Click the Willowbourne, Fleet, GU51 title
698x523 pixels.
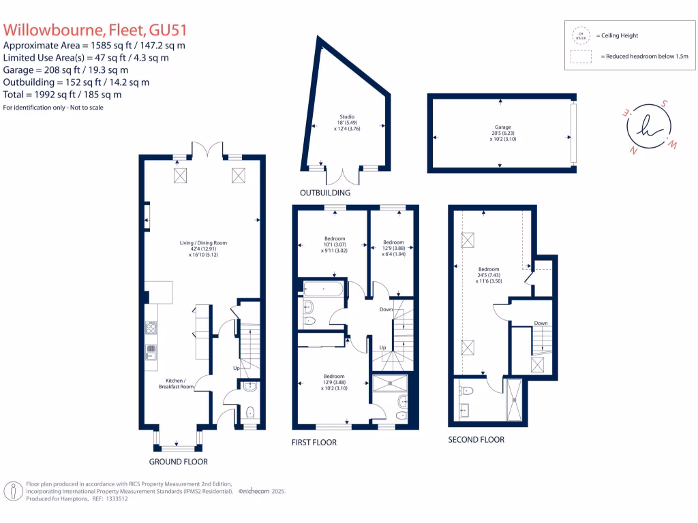95,31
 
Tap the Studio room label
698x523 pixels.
348,123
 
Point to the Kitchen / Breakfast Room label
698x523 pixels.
177,383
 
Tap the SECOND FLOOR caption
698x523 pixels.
476,440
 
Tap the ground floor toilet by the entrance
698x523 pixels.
250,411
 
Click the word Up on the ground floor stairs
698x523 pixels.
236,368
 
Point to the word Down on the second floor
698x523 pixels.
541,323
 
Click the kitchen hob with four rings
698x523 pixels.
151,328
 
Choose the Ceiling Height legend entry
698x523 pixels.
617,35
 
